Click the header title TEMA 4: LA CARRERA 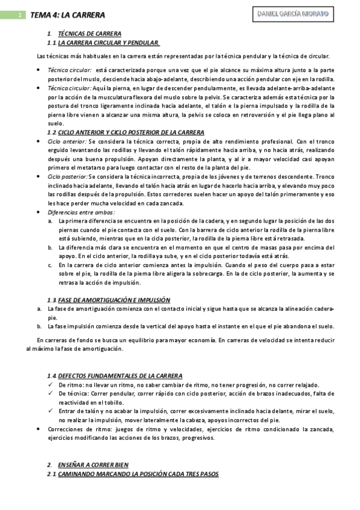tap(67, 14)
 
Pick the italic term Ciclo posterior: tap(67, 177)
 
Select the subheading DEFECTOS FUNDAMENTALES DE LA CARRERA tap(120, 375)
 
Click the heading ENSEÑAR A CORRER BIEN tap(93, 465)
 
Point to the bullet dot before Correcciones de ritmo tap(39, 429)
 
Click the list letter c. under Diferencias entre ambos tap(50, 264)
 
